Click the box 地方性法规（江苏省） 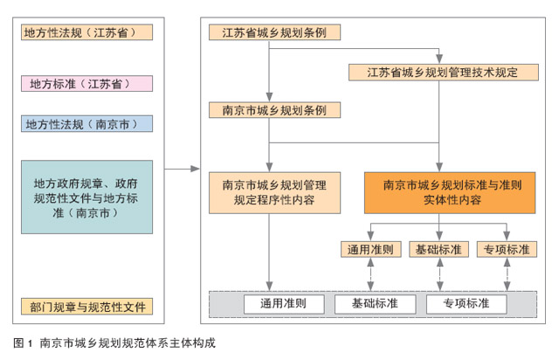coord(87,32)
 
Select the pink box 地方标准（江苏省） coord(87,84)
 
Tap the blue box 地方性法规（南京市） coord(87,124)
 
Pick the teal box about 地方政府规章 coord(87,197)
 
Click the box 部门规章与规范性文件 coord(87,307)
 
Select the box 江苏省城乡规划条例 coord(274,32)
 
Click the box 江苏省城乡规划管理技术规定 coord(444,73)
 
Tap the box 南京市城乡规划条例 coord(274,110)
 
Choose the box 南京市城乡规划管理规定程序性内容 coord(274,193)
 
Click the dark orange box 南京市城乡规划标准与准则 coord(450,193)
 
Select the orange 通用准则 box coord(370,249)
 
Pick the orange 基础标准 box coord(438,249)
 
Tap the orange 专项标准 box coord(507,249)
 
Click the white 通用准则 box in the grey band coord(284,304)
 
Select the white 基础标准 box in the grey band coord(375,304)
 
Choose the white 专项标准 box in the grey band coord(466,304)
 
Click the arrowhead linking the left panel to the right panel coord(196,169)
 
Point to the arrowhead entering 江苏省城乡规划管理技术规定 coord(439,59)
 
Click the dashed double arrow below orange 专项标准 coord(507,274)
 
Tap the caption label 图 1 coord(23,343)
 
